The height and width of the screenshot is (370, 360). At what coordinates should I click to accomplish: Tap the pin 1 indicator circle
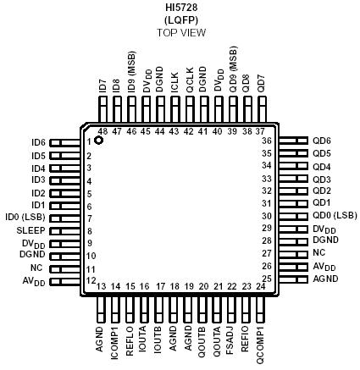click(98, 141)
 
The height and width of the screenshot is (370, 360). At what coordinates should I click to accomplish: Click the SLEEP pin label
click(32, 229)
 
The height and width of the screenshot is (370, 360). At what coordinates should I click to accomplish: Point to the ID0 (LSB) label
click(25, 218)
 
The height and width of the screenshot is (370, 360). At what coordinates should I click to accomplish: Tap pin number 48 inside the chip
click(102, 131)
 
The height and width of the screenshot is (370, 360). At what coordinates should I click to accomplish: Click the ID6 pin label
click(38, 143)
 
